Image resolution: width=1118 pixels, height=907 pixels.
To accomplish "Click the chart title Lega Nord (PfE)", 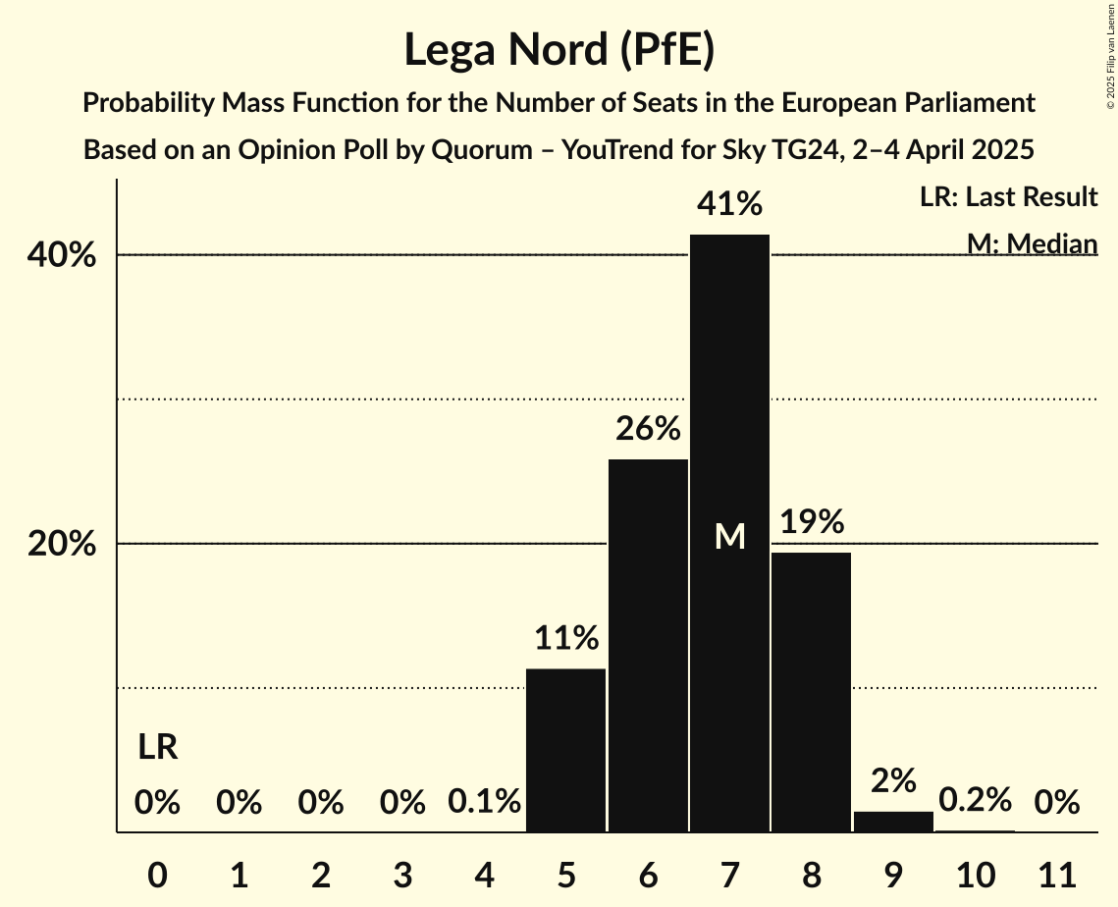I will [559, 51].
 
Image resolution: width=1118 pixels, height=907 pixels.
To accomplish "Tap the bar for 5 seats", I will [565, 750].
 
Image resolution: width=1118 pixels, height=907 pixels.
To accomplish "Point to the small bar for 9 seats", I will [893, 822].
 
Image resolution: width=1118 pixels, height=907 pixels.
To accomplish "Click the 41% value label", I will [729, 205].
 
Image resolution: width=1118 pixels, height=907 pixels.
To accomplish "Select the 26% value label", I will [648, 429].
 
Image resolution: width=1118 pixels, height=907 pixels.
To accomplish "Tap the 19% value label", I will [812, 522].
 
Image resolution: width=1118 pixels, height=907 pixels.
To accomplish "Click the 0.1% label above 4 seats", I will [484, 802].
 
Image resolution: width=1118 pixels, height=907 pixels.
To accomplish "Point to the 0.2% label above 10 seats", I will [975, 800].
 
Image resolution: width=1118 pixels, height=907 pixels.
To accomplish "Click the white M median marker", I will [729, 536].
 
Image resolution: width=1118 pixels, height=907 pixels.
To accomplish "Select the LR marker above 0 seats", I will [157, 748].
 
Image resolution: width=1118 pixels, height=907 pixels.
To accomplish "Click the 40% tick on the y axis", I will [62, 255].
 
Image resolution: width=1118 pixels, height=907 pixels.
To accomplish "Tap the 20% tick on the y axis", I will [62, 544].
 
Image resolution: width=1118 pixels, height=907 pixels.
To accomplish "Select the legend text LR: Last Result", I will [1008, 197].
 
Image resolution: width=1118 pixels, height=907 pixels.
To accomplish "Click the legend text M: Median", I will [1032, 242].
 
